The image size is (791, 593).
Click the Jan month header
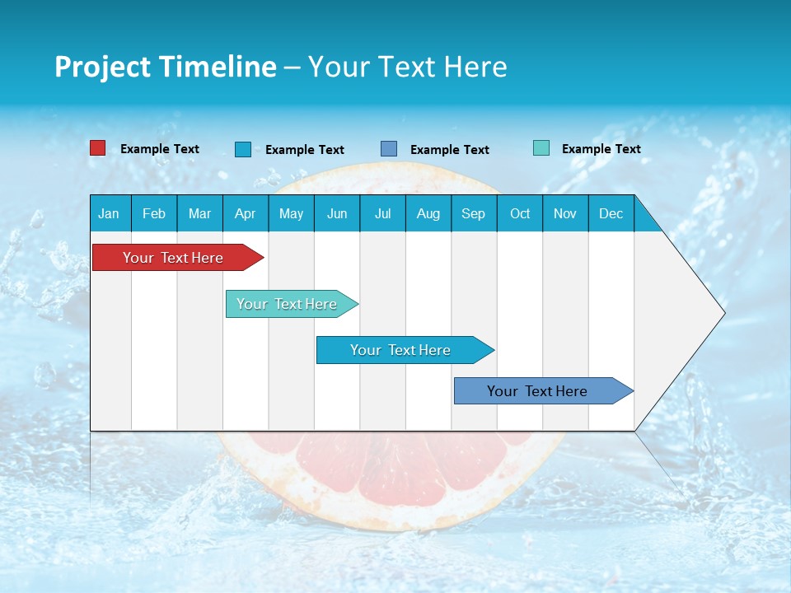click(110, 213)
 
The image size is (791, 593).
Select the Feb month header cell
click(154, 213)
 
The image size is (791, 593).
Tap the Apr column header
click(245, 213)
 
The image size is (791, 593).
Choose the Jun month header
click(337, 213)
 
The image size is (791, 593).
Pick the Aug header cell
click(428, 213)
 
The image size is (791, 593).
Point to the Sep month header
click(473, 213)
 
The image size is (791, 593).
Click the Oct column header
click(519, 213)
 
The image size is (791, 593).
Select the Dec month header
click(611, 213)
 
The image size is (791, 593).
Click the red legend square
click(98, 148)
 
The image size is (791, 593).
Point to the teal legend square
click(541, 148)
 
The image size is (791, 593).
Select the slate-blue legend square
click(389, 148)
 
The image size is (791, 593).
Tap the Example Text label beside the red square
click(160, 149)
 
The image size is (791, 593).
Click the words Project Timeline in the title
click(166, 67)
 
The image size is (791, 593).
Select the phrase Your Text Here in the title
click(407, 67)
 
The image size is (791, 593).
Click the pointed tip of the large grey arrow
click(722, 313)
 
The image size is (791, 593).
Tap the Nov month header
click(565, 213)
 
